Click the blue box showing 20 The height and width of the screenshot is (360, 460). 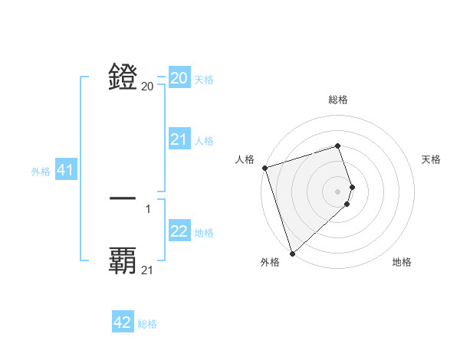(x=179, y=78)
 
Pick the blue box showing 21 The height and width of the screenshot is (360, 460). (x=179, y=139)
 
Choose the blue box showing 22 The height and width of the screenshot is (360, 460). (x=179, y=231)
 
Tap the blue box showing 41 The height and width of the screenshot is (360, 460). (x=65, y=170)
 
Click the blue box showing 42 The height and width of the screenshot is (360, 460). (x=123, y=322)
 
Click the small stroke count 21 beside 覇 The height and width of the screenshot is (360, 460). (x=148, y=270)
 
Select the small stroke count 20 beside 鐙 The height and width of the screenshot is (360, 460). (x=147, y=87)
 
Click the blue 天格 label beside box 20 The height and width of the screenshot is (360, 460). (x=204, y=80)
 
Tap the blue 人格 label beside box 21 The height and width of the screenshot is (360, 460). (x=204, y=141)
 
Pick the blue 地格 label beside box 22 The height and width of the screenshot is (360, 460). (x=204, y=233)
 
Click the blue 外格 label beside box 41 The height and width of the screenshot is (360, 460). (x=41, y=172)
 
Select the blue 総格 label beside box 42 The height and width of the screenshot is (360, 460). (x=147, y=324)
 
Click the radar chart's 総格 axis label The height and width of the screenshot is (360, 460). (x=337, y=100)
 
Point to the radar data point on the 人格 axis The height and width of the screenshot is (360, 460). (x=264, y=168)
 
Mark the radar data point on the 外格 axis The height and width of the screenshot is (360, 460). (x=292, y=254)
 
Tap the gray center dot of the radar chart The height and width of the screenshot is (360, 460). (x=337, y=191)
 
